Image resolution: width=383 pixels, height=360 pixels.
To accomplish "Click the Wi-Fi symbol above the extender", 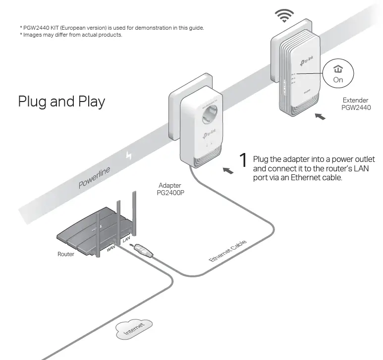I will coord(283,16).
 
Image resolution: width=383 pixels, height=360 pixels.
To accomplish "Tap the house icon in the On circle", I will coord(338,70).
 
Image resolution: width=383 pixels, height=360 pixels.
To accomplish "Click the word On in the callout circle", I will coord(338,80).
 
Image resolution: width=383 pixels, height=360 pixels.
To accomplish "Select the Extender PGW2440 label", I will coord(356,103).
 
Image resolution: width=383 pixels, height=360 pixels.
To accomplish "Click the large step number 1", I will coord(243,160).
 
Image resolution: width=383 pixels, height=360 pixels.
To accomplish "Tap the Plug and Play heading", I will coord(61,101).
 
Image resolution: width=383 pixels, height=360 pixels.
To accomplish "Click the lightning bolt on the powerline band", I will coord(130,155).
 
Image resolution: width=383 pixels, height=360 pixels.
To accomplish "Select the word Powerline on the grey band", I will coord(94,178).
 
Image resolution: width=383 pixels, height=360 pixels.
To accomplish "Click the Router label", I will coord(66,254).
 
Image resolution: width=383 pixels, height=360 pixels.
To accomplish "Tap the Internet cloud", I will coord(134,329).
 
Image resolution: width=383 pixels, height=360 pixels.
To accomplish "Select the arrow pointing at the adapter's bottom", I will coord(228,171).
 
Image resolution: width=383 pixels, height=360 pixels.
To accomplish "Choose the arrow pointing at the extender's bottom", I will coord(321,117).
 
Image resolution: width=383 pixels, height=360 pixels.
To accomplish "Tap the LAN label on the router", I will coord(126,239).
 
